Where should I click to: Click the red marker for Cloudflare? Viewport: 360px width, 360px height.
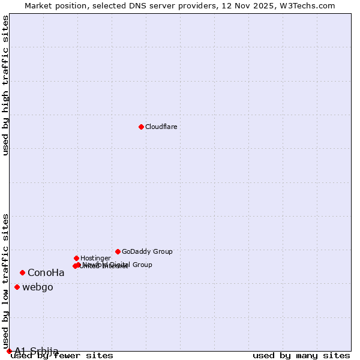141,127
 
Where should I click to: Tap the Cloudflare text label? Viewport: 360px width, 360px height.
161,127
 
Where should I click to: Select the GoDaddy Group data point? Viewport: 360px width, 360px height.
118,251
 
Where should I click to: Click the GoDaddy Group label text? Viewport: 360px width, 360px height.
147,251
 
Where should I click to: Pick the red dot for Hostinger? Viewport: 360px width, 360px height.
76,258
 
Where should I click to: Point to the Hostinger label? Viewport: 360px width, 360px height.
95,258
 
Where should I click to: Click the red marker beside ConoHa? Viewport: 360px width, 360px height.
22,272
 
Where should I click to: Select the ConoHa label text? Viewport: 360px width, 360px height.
46,273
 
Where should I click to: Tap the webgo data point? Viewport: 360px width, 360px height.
17,287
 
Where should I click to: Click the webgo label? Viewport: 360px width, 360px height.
38,287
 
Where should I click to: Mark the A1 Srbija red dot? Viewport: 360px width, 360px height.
9,351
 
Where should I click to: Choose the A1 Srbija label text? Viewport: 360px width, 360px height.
37,351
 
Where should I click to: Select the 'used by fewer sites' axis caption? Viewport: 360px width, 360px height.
62,356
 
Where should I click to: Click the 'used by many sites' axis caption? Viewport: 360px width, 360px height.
301,356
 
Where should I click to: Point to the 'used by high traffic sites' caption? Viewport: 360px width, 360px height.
5,85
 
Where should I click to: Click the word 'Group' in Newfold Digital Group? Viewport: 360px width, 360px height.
140,265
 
